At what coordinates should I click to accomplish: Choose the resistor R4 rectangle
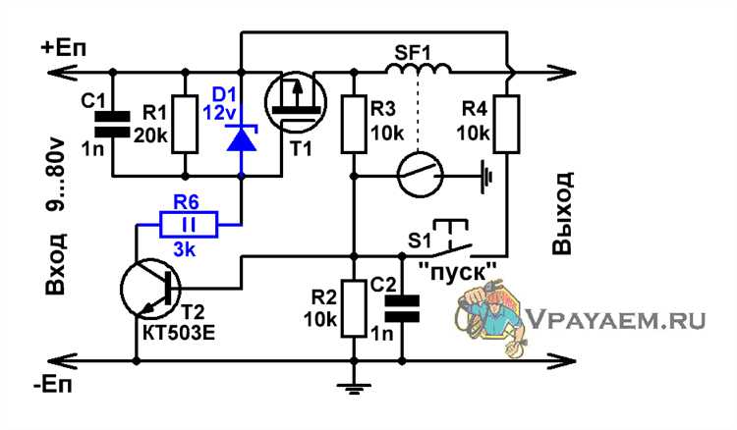[x=507, y=124]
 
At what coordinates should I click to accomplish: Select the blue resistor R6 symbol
[x=199, y=227]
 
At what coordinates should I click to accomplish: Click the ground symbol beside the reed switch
[x=484, y=179]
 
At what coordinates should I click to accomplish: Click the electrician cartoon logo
[x=487, y=319]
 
